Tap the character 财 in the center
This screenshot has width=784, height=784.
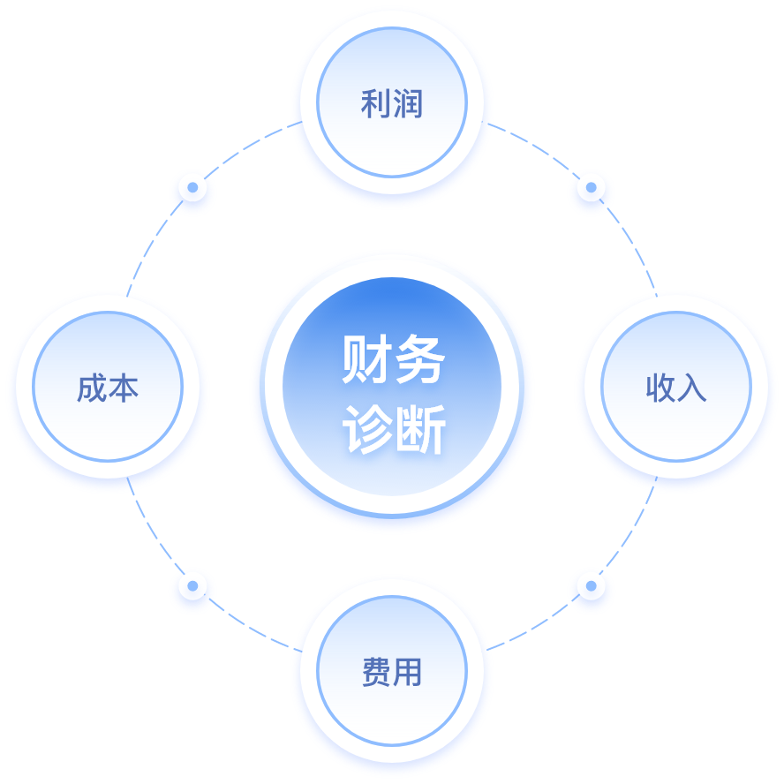[x=366, y=359]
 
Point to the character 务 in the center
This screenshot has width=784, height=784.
[x=419, y=359]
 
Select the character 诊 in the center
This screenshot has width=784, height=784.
[x=366, y=430]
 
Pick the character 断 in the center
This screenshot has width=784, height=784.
[x=419, y=430]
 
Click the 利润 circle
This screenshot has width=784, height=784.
[x=392, y=104]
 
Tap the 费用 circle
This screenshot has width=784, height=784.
[x=392, y=672]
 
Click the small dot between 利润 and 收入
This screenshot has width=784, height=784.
[x=591, y=188]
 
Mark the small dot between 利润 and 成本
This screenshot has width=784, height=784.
[x=192, y=187]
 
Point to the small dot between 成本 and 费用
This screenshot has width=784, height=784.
[x=192, y=585]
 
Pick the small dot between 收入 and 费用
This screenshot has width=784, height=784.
[x=591, y=585]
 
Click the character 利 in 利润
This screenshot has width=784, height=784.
[x=375, y=104]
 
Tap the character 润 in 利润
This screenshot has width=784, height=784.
[x=408, y=104]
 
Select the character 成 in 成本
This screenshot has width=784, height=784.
[x=92, y=388]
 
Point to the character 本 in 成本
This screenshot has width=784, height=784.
[x=124, y=388]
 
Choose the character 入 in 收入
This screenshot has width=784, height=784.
[x=692, y=388]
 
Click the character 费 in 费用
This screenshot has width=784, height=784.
[x=376, y=673]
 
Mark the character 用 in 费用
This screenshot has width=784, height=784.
[x=408, y=673]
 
